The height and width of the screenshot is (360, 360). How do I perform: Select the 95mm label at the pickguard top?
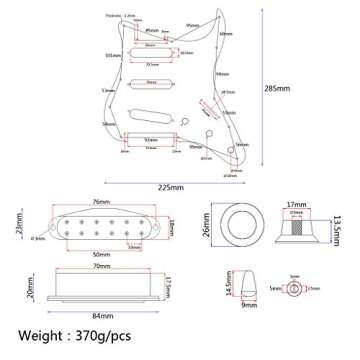(x=191, y=21)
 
